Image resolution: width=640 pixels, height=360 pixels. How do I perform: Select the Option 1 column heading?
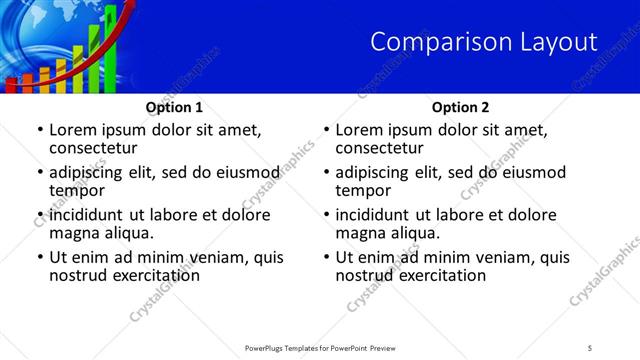[174, 107]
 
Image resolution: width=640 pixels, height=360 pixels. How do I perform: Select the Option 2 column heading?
[460, 107]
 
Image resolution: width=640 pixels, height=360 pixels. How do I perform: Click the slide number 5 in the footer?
[590, 348]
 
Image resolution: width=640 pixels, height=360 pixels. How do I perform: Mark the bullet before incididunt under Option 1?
[39, 214]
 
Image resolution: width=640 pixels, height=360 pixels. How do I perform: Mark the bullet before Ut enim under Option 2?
[326, 257]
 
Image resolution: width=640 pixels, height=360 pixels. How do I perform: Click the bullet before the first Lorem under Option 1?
[39, 130]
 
